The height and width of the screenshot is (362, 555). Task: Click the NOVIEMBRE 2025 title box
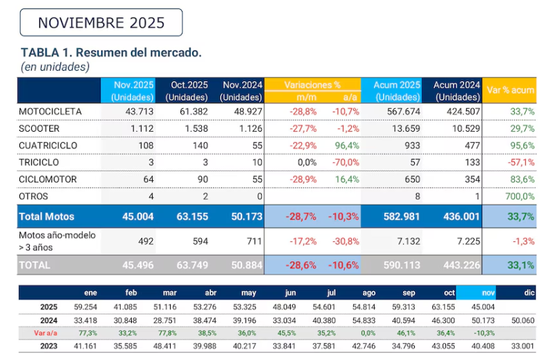click(101, 22)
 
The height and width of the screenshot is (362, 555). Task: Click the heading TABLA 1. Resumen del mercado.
click(111, 53)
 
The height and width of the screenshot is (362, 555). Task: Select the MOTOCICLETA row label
click(50, 112)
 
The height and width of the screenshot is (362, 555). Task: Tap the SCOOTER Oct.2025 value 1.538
click(194, 129)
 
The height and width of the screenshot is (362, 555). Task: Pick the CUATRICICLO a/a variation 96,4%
click(345, 146)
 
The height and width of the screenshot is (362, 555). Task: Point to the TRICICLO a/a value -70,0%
click(344, 162)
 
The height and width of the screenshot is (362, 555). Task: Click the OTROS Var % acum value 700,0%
click(520, 196)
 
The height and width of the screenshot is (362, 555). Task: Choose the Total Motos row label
click(47, 216)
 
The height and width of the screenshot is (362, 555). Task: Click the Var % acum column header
click(511, 90)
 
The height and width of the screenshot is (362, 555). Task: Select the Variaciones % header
click(313, 85)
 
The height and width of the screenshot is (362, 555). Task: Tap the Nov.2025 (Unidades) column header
click(133, 90)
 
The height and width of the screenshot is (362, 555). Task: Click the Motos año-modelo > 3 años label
click(58, 241)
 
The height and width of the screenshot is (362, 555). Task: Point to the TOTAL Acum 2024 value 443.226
click(456, 264)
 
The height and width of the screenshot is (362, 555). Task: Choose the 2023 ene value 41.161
click(87, 346)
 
